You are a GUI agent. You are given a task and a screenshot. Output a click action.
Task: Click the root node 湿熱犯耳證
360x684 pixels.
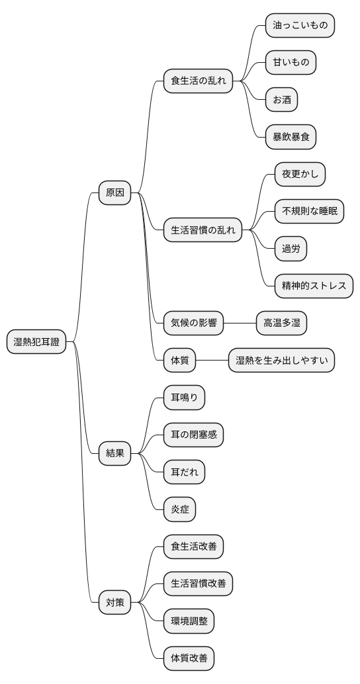pos(36,342)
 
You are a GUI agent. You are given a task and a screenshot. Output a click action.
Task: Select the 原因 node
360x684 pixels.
pos(115,193)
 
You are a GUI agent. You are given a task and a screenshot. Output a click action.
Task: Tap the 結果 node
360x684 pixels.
pos(115,453)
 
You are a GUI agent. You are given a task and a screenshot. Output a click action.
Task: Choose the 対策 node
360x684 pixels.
pos(115,602)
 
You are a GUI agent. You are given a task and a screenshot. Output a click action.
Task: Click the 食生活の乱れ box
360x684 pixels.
pos(199,81)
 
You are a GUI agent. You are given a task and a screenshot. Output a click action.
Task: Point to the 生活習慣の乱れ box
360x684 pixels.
pos(203,231)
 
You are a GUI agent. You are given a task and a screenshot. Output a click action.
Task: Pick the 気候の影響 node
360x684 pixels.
pos(194,323)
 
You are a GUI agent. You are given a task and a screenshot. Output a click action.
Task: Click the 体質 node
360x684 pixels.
pos(180,361)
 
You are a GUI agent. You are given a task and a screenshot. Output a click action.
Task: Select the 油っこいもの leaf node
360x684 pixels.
pos(300,26)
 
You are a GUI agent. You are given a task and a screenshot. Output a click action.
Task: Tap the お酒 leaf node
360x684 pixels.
pos(281,100)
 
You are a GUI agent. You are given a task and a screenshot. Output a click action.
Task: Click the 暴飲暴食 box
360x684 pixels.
pos(291,138)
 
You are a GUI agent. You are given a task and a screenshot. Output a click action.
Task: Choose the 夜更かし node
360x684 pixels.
pos(300,175)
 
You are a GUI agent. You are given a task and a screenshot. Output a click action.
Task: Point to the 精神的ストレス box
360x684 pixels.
pos(314,286)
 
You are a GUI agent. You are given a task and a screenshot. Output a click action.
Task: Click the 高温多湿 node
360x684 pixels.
pos(281,323)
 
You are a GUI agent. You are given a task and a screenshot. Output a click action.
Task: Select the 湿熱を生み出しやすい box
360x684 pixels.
pos(281,361)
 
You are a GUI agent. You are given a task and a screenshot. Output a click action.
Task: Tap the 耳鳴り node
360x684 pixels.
pos(185,398)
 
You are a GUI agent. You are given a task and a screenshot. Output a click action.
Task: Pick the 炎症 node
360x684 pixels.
pos(180,509)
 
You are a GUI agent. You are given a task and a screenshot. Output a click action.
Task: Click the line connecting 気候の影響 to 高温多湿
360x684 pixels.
pos(240,323)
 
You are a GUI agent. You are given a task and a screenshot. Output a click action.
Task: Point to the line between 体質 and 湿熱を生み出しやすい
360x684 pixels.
pos(212,361)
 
